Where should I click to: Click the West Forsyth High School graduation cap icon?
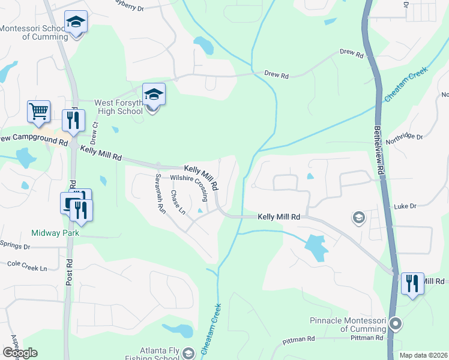point(153,94)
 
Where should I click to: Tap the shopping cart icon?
point(38,111)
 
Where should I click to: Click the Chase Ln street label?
point(178,202)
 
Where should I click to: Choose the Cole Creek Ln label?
point(26,263)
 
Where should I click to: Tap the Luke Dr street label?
point(405,206)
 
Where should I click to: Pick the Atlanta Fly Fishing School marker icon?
point(188,353)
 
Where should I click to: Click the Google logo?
point(20,353)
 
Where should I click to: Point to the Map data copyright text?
point(423,355)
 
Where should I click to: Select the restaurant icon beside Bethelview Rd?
point(412,283)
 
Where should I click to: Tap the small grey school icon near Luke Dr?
point(358,217)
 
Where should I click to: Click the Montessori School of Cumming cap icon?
point(76,22)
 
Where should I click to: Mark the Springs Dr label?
point(15,247)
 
